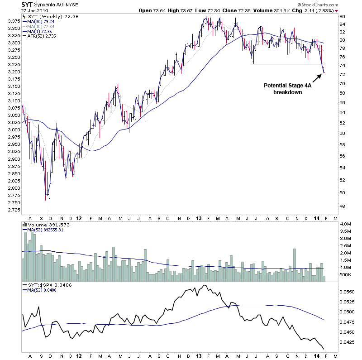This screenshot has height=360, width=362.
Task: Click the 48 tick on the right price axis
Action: pos(343,206)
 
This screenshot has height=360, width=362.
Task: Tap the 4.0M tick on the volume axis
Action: pos(345,224)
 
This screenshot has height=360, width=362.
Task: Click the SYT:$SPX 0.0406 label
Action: pos(46,285)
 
